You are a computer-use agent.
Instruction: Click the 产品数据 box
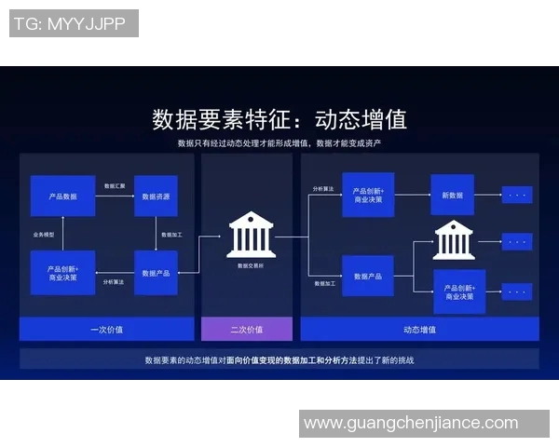[x=62, y=196]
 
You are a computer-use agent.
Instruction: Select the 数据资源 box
[x=156, y=196]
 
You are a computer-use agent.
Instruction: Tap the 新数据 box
[x=452, y=195]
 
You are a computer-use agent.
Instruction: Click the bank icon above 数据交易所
[x=251, y=235]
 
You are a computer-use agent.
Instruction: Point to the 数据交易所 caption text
[x=251, y=265]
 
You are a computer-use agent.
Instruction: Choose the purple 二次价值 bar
[x=247, y=329]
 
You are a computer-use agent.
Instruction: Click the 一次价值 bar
[x=106, y=329]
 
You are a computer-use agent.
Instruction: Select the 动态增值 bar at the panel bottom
[x=419, y=329]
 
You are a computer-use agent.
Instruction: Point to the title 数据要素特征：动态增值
[x=279, y=120]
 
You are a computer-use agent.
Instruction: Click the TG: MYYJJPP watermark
[x=74, y=24]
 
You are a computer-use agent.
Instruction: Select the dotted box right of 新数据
[x=517, y=195]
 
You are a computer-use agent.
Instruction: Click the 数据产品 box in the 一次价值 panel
[x=156, y=273]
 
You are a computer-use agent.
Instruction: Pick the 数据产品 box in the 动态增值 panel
[x=368, y=276]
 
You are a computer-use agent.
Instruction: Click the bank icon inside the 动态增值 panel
[x=453, y=239]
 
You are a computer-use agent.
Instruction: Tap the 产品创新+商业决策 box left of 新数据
[x=368, y=195]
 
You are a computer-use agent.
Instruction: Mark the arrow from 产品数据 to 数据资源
[x=115, y=196]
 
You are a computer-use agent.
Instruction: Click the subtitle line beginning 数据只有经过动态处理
[x=279, y=143]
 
